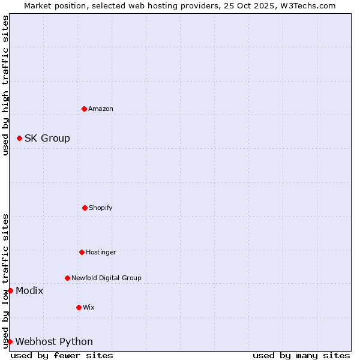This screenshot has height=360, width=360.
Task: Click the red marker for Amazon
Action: (84, 109)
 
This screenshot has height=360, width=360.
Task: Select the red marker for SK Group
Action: (19, 138)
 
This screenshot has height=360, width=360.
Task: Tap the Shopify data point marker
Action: (85, 208)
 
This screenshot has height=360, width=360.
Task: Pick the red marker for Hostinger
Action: (82, 252)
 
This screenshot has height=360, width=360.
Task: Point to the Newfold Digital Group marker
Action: (67, 278)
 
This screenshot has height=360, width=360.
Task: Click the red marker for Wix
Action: (79, 307)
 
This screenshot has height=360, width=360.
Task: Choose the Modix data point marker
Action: (10, 290)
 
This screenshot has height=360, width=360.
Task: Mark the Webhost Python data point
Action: (10, 341)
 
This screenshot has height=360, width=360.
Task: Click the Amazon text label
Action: (101, 109)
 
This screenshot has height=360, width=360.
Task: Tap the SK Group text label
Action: (47, 138)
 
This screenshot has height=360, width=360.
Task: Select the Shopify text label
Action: (101, 208)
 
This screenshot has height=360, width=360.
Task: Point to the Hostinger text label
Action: (101, 252)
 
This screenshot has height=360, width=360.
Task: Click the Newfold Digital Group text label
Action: (106, 278)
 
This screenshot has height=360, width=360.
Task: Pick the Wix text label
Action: (89, 307)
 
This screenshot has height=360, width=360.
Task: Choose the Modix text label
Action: (29, 290)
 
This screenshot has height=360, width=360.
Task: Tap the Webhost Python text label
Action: (54, 341)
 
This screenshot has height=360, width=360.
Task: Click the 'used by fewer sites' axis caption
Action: (62, 355)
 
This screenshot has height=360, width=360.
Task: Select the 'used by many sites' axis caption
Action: (301, 355)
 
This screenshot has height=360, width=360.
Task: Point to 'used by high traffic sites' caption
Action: (5, 85)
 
